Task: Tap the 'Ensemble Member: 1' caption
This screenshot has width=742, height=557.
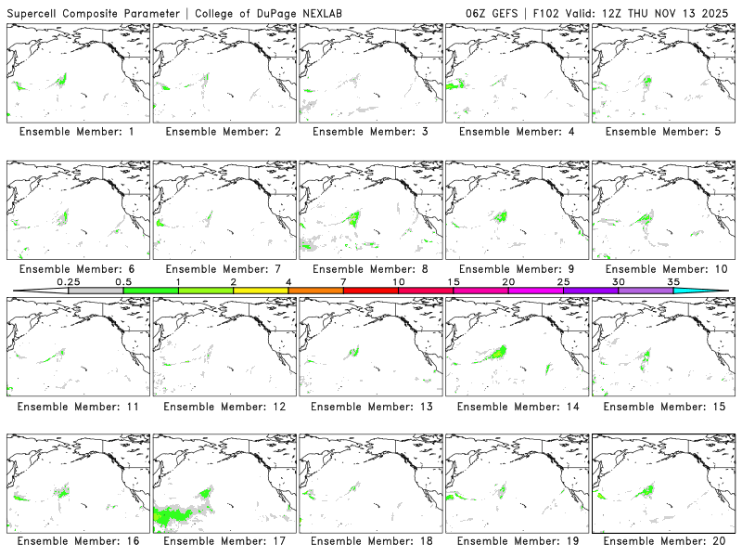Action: click(77, 132)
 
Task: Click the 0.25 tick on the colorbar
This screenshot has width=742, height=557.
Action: click(68, 291)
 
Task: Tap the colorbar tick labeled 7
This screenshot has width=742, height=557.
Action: click(343, 291)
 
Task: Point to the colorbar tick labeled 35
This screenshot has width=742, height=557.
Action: click(673, 291)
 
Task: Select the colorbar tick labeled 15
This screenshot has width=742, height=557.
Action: click(454, 291)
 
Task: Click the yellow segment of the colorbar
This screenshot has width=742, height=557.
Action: click(261, 291)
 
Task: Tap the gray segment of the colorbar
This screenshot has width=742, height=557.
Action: click(96, 291)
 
